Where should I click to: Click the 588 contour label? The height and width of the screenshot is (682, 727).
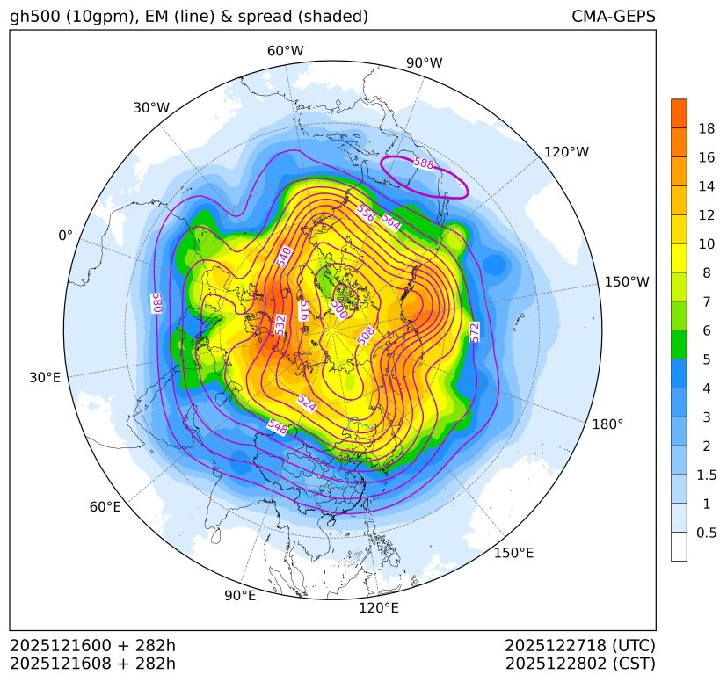[423, 163]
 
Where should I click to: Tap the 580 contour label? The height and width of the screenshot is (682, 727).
[158, 301]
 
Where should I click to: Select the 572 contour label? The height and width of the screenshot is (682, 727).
[475, 331]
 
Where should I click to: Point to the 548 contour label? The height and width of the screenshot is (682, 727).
[277, 427]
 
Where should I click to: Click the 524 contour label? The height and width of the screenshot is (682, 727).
[307, 403]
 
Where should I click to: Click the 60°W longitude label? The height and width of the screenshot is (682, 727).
[285, 51]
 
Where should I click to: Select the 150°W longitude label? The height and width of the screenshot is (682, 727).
[627, 282]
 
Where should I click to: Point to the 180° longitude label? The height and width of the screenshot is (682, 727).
[607, 424]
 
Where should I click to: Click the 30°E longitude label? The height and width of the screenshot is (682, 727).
[45, 378]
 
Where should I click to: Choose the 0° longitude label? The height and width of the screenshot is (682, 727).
[66, 236]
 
